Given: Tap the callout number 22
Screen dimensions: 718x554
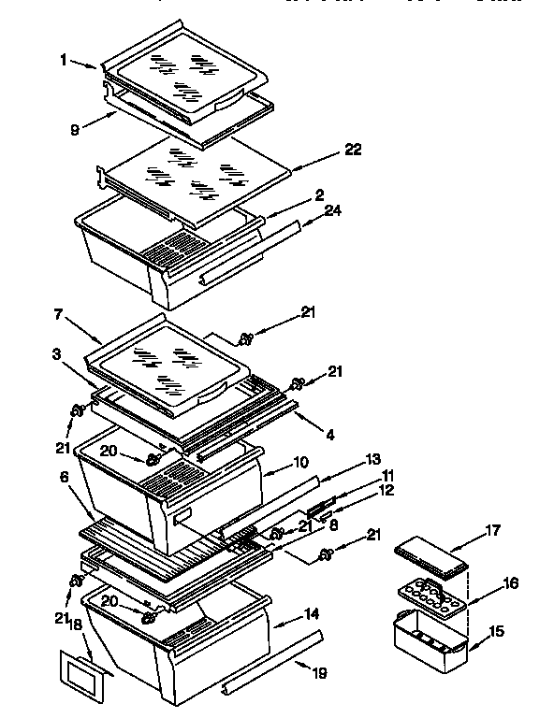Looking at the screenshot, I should coord(352,150).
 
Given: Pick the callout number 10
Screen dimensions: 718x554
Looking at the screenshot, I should coord(301,462).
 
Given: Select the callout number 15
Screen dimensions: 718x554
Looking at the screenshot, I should coord(496,632).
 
